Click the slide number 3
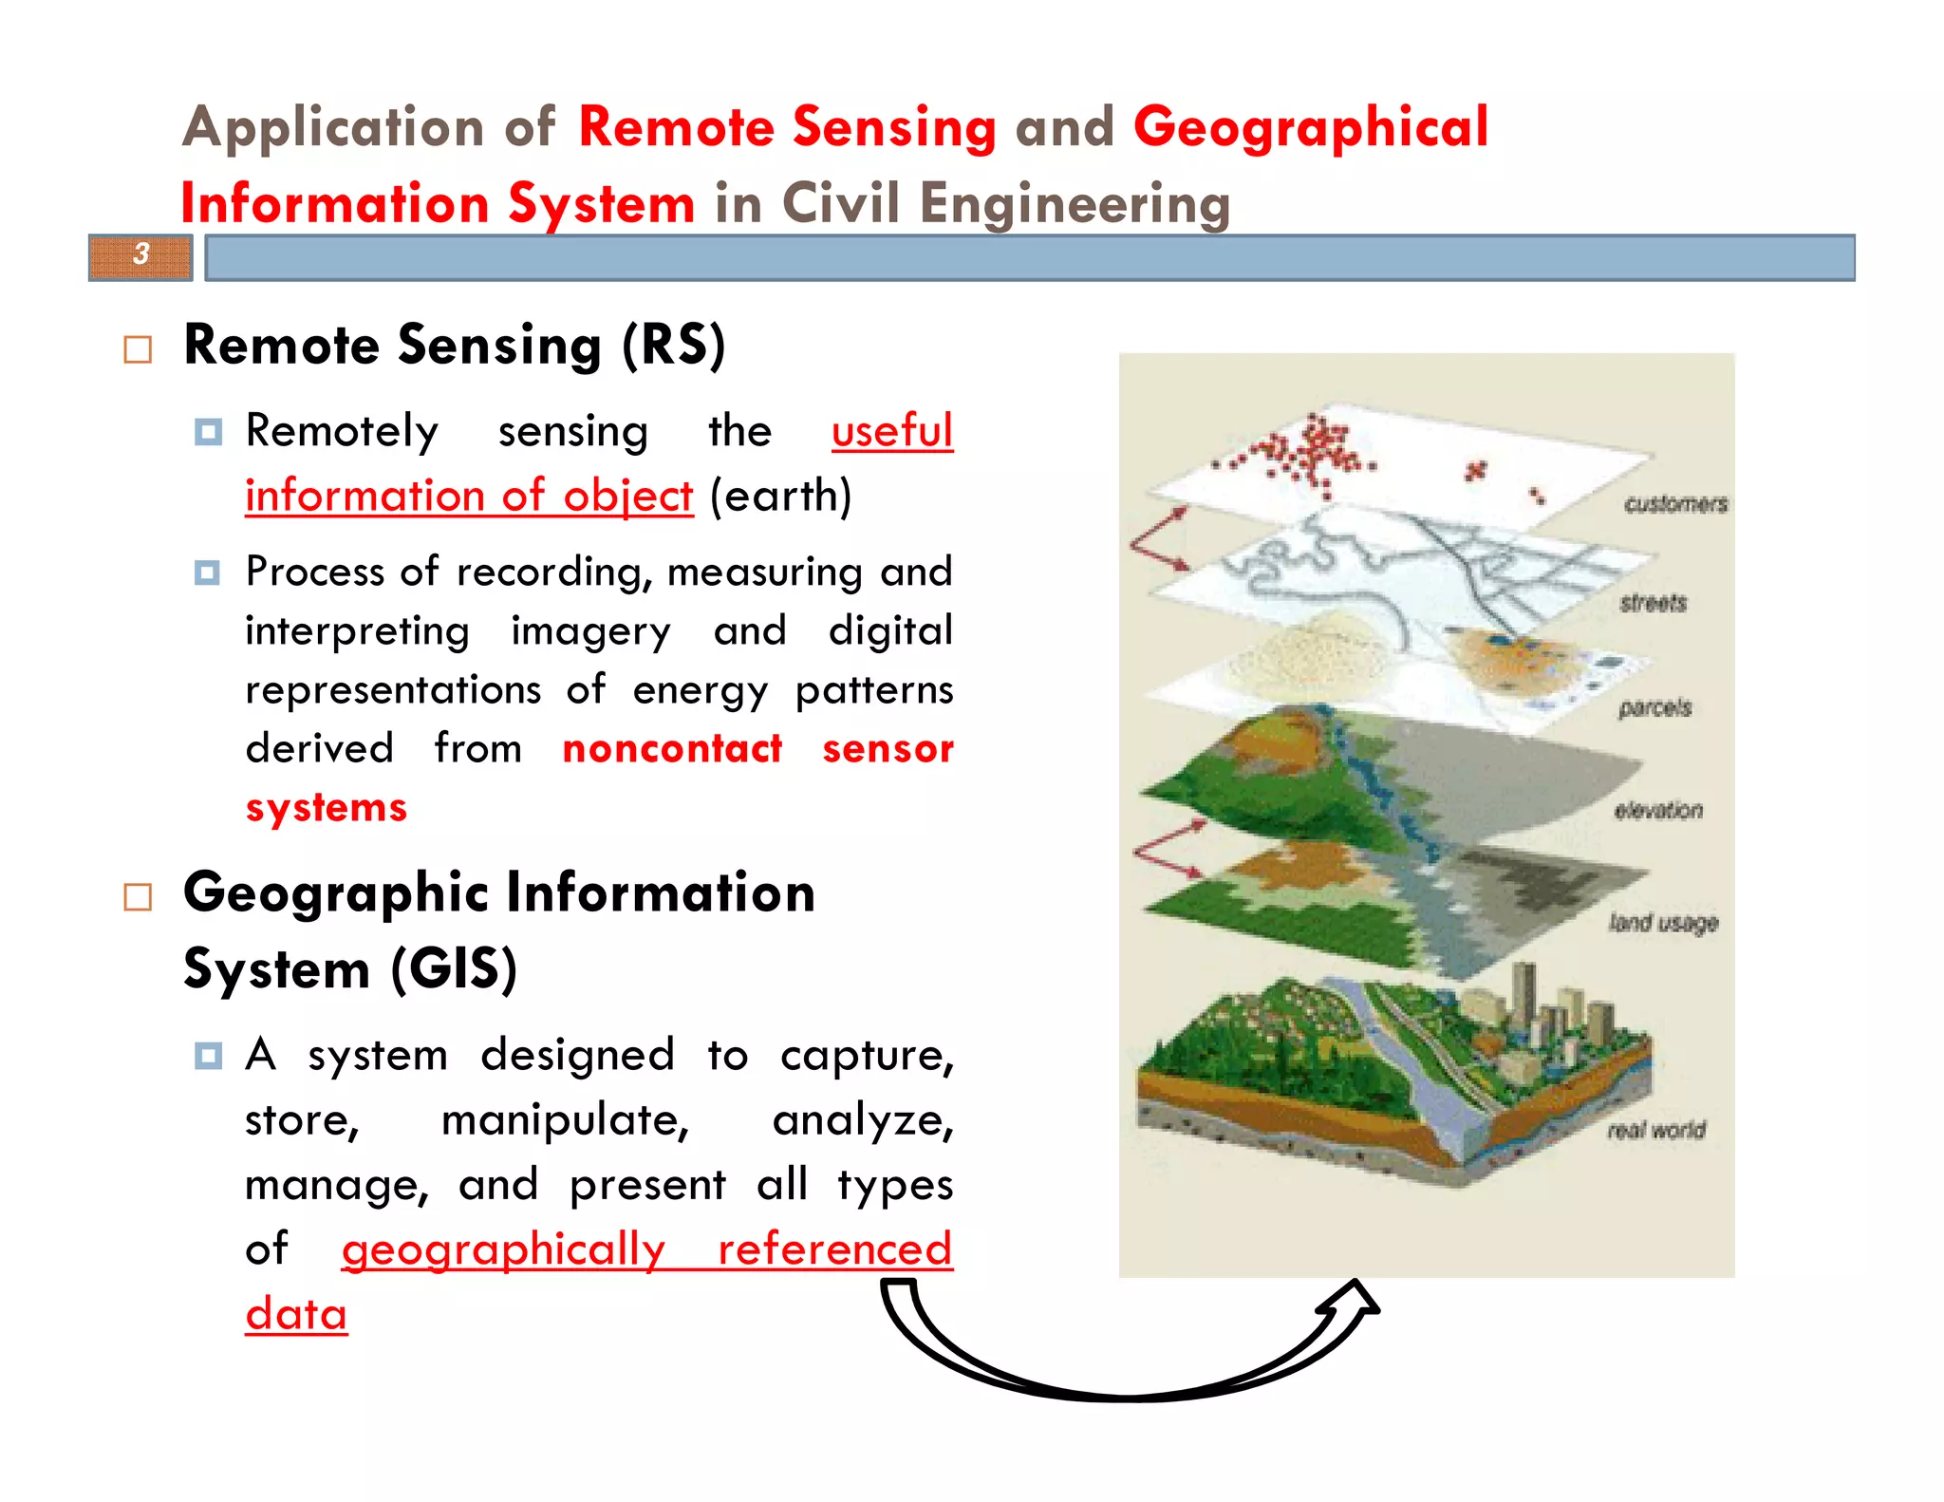[x=141, y=254]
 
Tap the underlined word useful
[x=891, y=431]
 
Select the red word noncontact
[x=672, y=748]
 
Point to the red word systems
[x=326, y=807]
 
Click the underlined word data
[x=296, y=1314]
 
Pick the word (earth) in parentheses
[x=780, y=496]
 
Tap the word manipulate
[x=565, y=1120]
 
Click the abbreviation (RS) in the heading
[x=673, y=345]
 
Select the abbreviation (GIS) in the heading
[x=454, y=969]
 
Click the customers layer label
[x=1675, y=504]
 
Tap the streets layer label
[x=1653, y=603]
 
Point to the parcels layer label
[x=1654, y=708]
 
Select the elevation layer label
[x=1658, y=810]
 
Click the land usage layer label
[x=1663, y=923]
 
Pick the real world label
[x=1656, y=1130]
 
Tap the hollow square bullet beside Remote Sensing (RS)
[x=138, y=349]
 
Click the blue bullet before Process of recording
[x=207, y=573]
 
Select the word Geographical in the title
[x=1311, y=127]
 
